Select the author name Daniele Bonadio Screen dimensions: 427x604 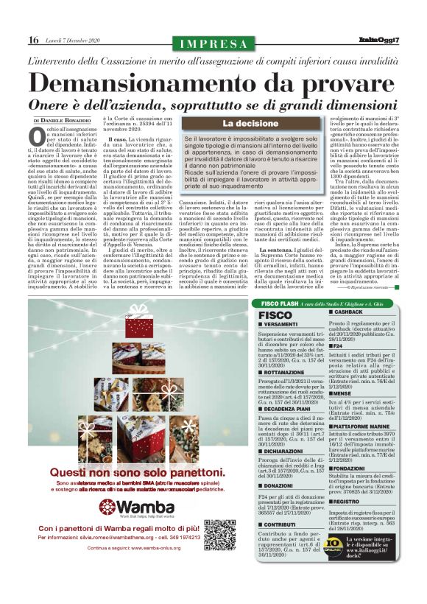(x=67, y=119)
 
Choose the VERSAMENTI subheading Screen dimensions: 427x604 (x=280, y=325)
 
